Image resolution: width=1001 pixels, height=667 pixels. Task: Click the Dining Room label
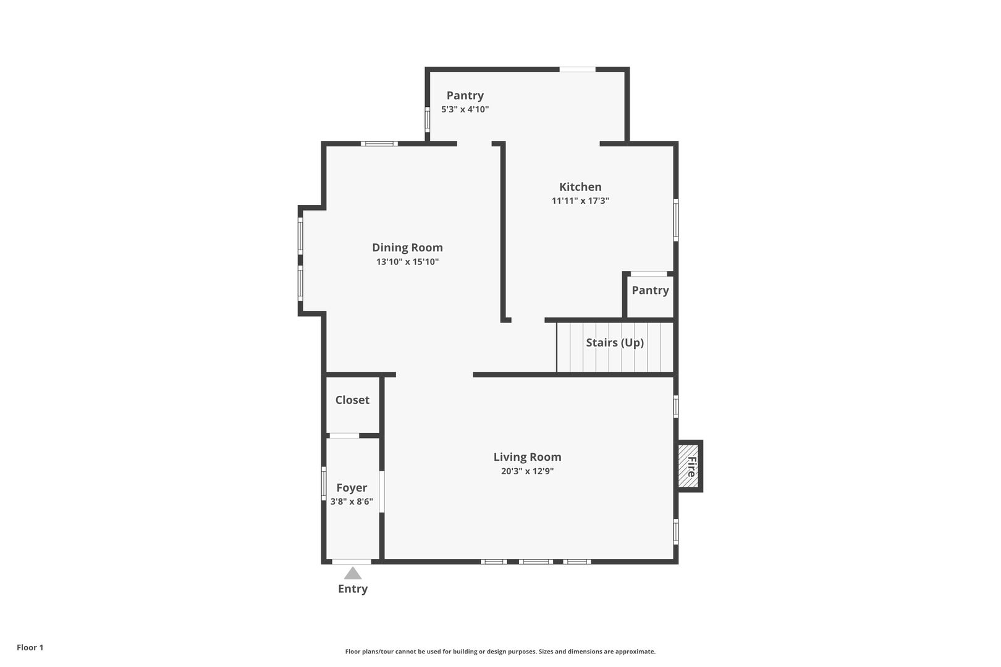[407, 248]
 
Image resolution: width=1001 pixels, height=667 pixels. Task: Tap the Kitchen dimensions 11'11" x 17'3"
[580, 201]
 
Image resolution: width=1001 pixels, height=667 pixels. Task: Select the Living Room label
[527, 457]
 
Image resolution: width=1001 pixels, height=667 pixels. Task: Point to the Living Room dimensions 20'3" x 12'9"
[527, 471]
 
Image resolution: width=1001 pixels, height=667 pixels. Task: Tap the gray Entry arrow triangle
[353, 573]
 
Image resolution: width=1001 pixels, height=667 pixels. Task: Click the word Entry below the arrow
[353, 589]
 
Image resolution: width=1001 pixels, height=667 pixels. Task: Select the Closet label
[352, 400]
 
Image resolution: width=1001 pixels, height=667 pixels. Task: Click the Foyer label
[352, 488]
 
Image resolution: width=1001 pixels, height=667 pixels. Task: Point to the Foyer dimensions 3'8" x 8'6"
[352, 501]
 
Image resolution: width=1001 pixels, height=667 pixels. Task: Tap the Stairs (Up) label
[615, 343]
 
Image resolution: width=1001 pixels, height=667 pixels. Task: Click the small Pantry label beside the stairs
[650, 290]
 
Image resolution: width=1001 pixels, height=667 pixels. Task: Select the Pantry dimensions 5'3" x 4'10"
[465, 109]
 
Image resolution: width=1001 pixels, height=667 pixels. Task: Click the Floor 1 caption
[30, 647]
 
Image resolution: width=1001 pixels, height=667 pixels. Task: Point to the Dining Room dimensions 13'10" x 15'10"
[407, 262]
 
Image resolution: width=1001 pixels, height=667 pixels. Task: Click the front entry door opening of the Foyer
[351, 561]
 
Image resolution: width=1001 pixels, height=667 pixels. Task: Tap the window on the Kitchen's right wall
[676, 220]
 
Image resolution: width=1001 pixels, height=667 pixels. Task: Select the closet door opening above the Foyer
[344, 435]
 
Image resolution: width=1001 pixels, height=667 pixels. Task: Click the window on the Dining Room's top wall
[379, 144]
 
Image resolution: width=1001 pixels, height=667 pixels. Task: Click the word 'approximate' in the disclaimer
[635, 652]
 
